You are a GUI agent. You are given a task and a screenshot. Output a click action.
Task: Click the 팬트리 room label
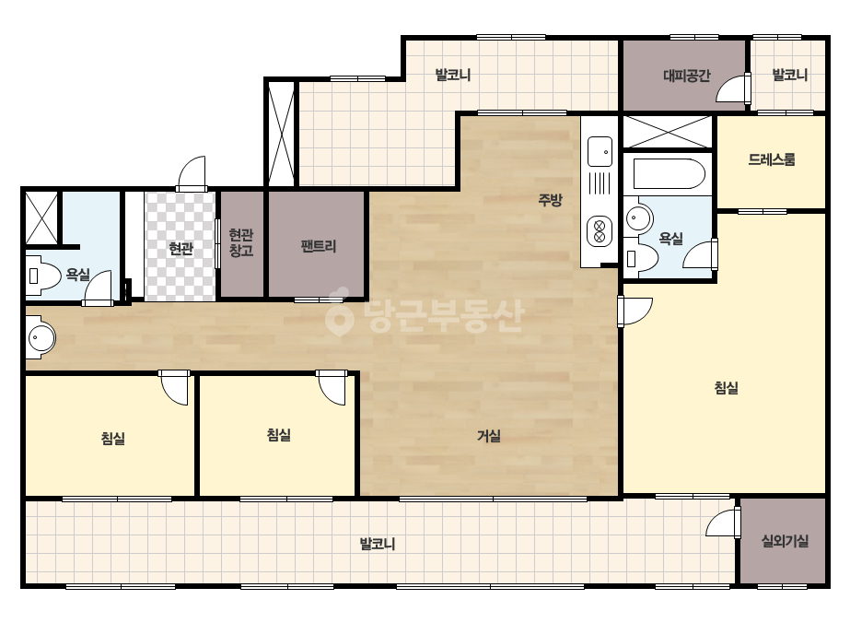tap(319, 246)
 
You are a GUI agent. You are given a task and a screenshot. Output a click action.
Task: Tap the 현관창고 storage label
tap(240, 242)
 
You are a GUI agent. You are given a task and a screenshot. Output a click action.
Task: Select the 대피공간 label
tap(686, 76)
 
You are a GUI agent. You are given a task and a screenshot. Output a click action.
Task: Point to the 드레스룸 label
tap(772, 159)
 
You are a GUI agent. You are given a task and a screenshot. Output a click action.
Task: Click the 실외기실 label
tap(785, 540)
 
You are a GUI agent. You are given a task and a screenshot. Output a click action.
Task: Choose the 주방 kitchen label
tap(550, 200)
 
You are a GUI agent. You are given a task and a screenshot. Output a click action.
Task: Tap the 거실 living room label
tap(488, 436)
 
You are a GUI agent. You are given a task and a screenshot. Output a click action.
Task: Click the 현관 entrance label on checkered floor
tap(180, 249)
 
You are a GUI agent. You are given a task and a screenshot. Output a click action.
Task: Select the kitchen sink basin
tap(600, 151)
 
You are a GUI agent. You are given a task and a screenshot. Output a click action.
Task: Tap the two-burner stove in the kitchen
tap(600, 231)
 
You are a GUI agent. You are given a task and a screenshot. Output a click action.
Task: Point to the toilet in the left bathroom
tap(43, 276)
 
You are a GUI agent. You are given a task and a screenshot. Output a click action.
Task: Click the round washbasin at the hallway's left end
tap(41, 338)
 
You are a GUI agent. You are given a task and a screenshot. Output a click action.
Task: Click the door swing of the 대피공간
tap(733, 88)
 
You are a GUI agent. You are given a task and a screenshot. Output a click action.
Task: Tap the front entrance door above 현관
tap(192, 173)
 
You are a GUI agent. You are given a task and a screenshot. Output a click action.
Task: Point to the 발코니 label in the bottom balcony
tap(378, 544)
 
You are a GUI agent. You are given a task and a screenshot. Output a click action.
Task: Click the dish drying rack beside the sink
tap(600, 183)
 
